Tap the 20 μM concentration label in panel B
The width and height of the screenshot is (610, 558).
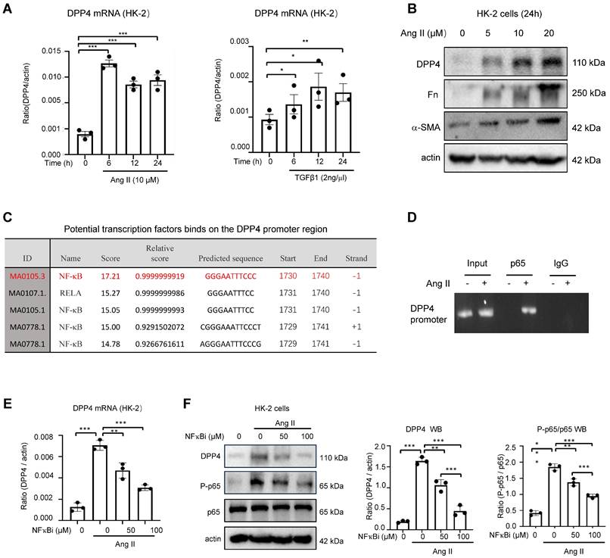click(549, 33)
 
